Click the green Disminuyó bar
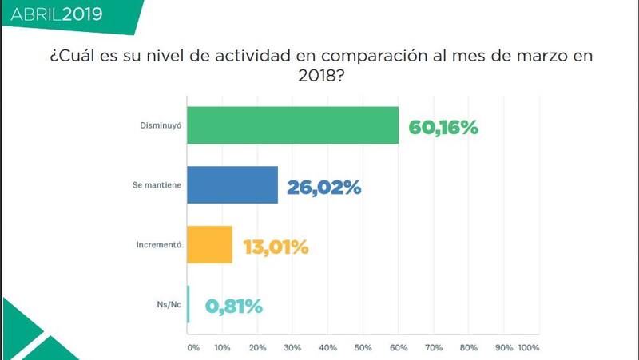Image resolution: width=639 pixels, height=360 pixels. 292,125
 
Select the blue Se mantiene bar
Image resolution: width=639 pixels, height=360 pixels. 232,185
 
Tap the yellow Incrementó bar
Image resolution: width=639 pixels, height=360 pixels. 209,245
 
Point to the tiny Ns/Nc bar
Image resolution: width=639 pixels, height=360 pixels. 189,304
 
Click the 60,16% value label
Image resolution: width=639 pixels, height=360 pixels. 443,126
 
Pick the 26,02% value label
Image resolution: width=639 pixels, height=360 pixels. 324,187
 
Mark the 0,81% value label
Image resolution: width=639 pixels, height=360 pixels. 234,306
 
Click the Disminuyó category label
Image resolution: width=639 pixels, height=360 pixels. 157,125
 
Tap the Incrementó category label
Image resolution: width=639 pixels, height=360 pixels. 157,245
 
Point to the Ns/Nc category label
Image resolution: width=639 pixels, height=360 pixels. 167,304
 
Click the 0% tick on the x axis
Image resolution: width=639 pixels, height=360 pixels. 192,348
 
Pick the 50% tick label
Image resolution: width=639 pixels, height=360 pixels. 363,348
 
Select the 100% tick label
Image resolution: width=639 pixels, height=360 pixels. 529,348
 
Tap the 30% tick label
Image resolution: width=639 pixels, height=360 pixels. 293,348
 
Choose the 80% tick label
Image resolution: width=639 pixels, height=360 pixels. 469,348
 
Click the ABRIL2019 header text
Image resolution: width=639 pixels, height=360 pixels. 57,14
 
